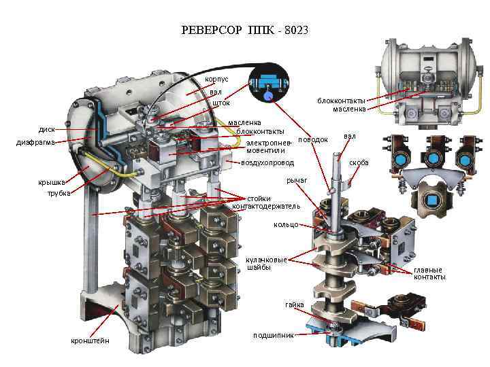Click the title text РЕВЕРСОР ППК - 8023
(x=245, y=31)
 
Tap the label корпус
(x=216, y=80)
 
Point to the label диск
(x=47, y=128)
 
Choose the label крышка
(x=51, y=182)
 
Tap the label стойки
(x=259, y=198)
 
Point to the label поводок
(x=313, y=139)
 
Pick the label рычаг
(x=297, y=180)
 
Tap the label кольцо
(x=286, y=224)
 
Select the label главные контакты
(x=429, y=273)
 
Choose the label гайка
(x=295, y=304)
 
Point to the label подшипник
(x=273, y=335)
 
